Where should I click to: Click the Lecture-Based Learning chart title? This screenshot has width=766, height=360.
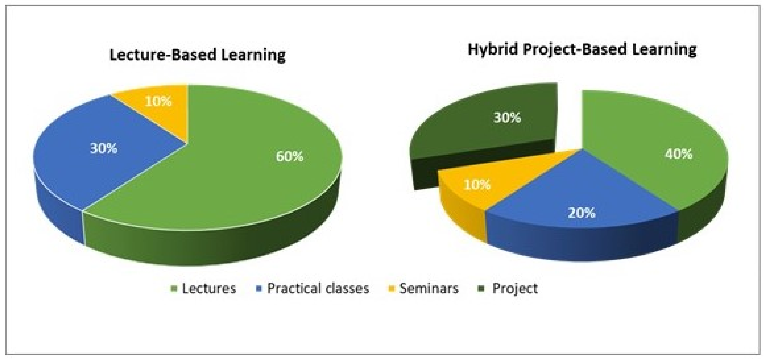197,55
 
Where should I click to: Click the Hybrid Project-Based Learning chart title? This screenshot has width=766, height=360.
582,49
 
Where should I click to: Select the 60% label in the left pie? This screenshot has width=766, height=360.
290,157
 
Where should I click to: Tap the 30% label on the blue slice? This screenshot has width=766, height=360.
104,148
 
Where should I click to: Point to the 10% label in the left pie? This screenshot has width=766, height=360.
158,101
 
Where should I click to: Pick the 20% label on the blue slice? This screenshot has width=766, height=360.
582,213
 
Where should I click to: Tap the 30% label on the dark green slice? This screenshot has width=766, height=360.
507,118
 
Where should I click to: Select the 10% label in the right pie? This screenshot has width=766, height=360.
477,185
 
